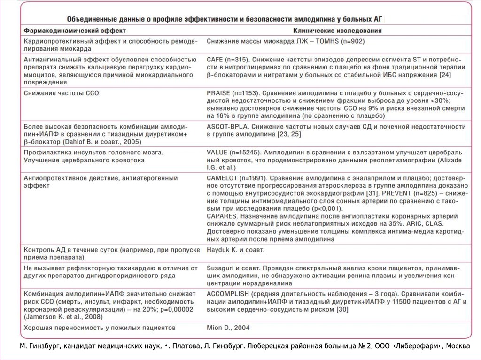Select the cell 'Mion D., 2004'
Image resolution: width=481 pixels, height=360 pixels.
click(x=228, y=327)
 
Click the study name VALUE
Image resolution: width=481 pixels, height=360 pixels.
click(x=217, y=153)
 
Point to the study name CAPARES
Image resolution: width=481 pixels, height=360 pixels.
click(x=222, y=216)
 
